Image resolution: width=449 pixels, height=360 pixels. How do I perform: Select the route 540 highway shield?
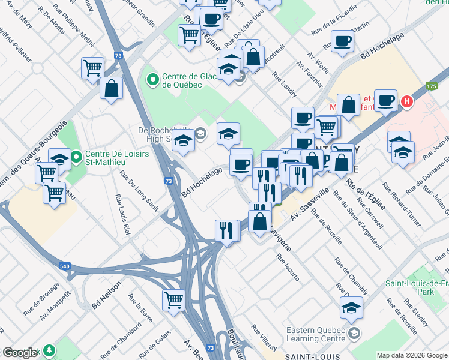coord(64,266)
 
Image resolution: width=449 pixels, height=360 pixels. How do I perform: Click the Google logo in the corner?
coord(20,353)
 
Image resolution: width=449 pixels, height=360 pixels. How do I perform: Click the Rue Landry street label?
coord(285,85)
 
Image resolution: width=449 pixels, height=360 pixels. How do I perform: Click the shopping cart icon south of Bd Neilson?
coord(173,299)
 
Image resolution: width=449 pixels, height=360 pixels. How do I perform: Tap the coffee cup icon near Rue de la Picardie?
coord(342,41)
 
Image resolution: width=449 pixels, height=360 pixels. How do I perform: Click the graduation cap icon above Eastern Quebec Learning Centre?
coord(351,308)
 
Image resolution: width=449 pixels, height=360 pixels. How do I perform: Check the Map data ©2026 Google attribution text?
coord(411,355)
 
